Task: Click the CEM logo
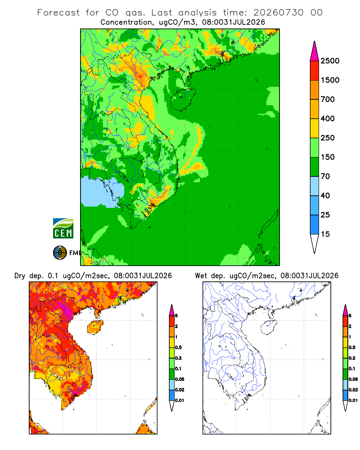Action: click(x=63, y=229)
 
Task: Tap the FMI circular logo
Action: click(x=60, y=253)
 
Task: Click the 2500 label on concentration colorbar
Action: click(x=330, y=61)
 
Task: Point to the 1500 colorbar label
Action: click(x=330, y=80)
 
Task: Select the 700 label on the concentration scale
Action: click(x=328, y=99)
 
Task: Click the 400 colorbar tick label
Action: click(x=328, y=118)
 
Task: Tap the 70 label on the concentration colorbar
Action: click(x=325, y=176)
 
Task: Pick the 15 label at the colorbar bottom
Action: click(x=325, y=234)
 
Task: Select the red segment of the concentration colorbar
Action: click(x=315, y=71)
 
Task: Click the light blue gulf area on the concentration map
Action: click(x=102, y=192)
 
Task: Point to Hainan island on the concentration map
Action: click(x=183, y=99)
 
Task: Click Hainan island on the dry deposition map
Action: click(x=95, y=327)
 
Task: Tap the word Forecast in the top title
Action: click(x=58, y=13)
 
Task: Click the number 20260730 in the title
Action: click(x=278, y=13)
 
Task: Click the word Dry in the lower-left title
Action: click(x=20, y=276)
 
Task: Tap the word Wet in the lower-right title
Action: click(x=201, y=276)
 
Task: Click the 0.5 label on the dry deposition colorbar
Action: click(x=178, y=347)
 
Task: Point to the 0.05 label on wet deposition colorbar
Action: click(x=353, y=379)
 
